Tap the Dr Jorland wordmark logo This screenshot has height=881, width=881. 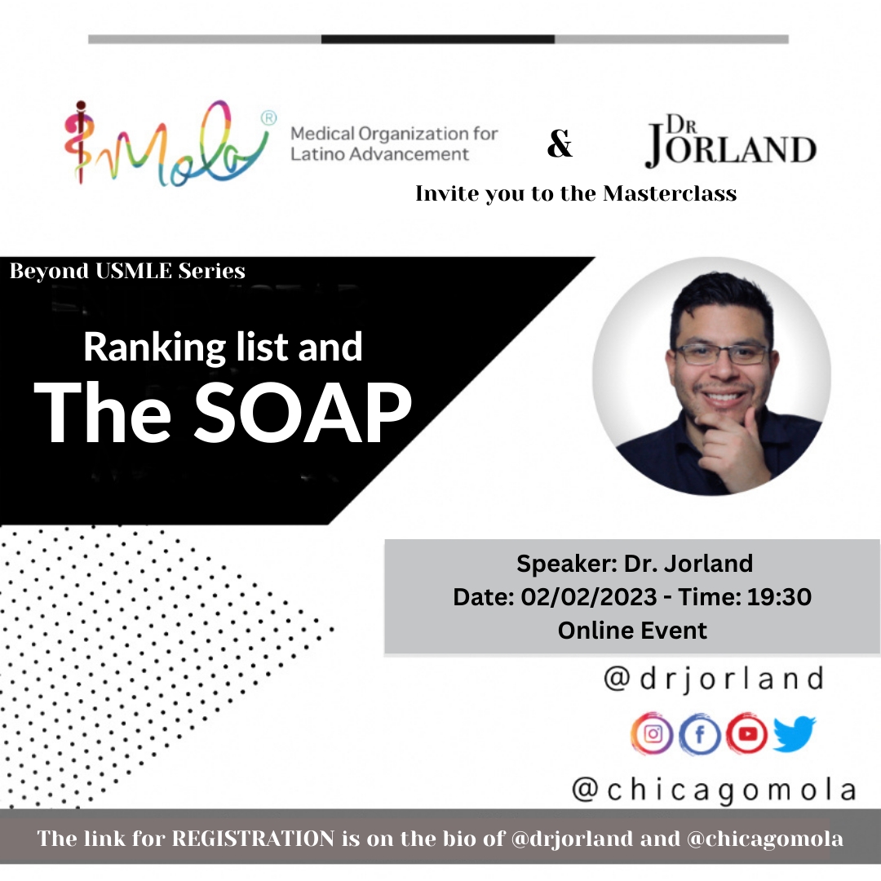(730, 141)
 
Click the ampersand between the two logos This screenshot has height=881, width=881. (560, 144)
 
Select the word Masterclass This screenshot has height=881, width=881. (670, 193)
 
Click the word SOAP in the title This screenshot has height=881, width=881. (303, 412)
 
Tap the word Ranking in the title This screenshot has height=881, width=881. (154, 348)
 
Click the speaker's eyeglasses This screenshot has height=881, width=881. (722, 355)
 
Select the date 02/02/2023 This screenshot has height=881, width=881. (588, 596)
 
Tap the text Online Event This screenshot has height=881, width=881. (632, 631)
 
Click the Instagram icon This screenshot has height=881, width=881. (652, 734)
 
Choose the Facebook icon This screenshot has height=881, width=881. (700, 734)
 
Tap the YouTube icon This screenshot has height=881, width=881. (746, 734)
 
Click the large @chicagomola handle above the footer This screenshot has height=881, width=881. (714, 790)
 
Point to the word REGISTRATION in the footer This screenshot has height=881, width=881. (253, 839)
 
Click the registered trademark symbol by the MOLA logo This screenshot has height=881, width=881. (269, 118)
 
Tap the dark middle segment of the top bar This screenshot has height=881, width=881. (438, 39)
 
